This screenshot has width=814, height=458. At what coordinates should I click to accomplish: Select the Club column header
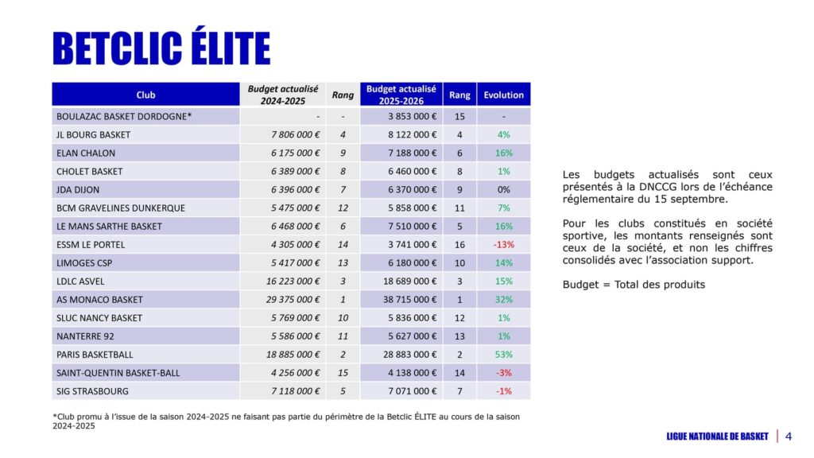pyautogui.click(x=145, y=95)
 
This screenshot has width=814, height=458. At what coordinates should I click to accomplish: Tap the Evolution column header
pyautogui.click(x=504, y=95)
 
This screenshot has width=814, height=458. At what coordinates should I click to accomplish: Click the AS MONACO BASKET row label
pyautogui.click(x=99, y=300)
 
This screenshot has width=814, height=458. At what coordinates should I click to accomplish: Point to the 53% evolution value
pyautogui.click(x=504, y=355)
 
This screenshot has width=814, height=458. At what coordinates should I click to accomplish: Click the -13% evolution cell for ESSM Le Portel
pyautogui.click(x=504, y=245)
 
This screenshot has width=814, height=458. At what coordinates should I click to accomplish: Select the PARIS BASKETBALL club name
pyautogui.click(x=95, y=355)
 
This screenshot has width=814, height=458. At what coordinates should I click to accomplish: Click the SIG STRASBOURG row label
pyautogui.click(x=92, y=391)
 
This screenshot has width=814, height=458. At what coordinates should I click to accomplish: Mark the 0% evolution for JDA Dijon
pyautogui.click(x=504, y=190)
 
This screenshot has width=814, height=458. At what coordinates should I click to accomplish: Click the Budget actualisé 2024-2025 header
pyautogui.click(x=283, y=95)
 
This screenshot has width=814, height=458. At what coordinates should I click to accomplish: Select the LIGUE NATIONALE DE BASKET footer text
pyautogui.click(x=717, y=436)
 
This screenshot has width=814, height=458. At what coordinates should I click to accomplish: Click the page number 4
pyautogui.click(x=789, y=436)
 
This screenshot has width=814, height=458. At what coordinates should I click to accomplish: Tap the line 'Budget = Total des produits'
pyautogui.click(x=633, y=285)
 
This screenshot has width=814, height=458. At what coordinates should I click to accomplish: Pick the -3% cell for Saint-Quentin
pyautogui.click(x=504, y=373)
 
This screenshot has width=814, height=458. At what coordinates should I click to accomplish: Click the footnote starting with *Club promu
pyautogui.click(x=286, y=421)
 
